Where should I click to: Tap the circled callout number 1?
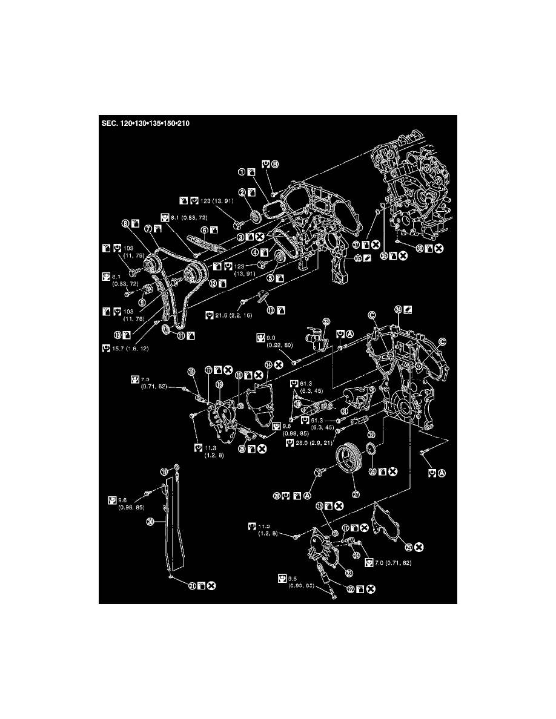(241, 172)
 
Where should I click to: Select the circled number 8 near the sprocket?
(125, 223)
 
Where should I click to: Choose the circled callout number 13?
(271, 310)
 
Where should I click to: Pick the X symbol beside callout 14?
(279, 364)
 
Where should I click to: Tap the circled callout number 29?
(243, 449)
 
